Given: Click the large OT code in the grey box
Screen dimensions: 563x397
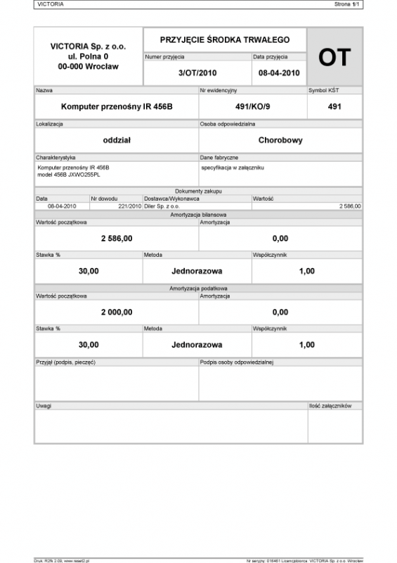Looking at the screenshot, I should click(334, 58).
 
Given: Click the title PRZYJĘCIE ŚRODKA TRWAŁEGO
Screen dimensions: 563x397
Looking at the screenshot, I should click(224, 40).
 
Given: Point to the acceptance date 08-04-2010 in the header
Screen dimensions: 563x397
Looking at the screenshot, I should click(279, 72).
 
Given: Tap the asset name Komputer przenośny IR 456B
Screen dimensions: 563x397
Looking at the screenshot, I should click(117, 107).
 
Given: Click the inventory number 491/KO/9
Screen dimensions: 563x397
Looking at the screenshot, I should click(253, 107).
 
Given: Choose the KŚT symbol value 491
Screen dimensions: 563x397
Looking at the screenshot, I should click(334, 107).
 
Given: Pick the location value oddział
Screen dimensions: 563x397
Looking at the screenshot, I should click(117, 140).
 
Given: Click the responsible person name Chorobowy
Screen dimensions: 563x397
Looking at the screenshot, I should click(280, 140).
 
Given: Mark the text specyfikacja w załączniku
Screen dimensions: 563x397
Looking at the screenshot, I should click(232, 167).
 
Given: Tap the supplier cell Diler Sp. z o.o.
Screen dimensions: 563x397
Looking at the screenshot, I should click(162, 206).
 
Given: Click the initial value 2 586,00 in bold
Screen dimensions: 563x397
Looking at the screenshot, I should click(117, 239).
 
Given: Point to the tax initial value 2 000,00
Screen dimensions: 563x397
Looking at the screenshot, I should click(117, 312).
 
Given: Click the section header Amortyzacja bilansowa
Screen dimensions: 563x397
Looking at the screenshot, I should click(198, 214).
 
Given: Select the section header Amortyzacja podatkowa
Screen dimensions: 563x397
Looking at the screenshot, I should click(198, 288).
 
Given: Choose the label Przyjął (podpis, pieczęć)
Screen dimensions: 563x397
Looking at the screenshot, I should click(65, 362).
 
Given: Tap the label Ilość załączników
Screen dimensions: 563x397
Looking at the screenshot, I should click(334, 406).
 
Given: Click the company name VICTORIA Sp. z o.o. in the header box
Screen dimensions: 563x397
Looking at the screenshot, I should click(89, 46).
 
